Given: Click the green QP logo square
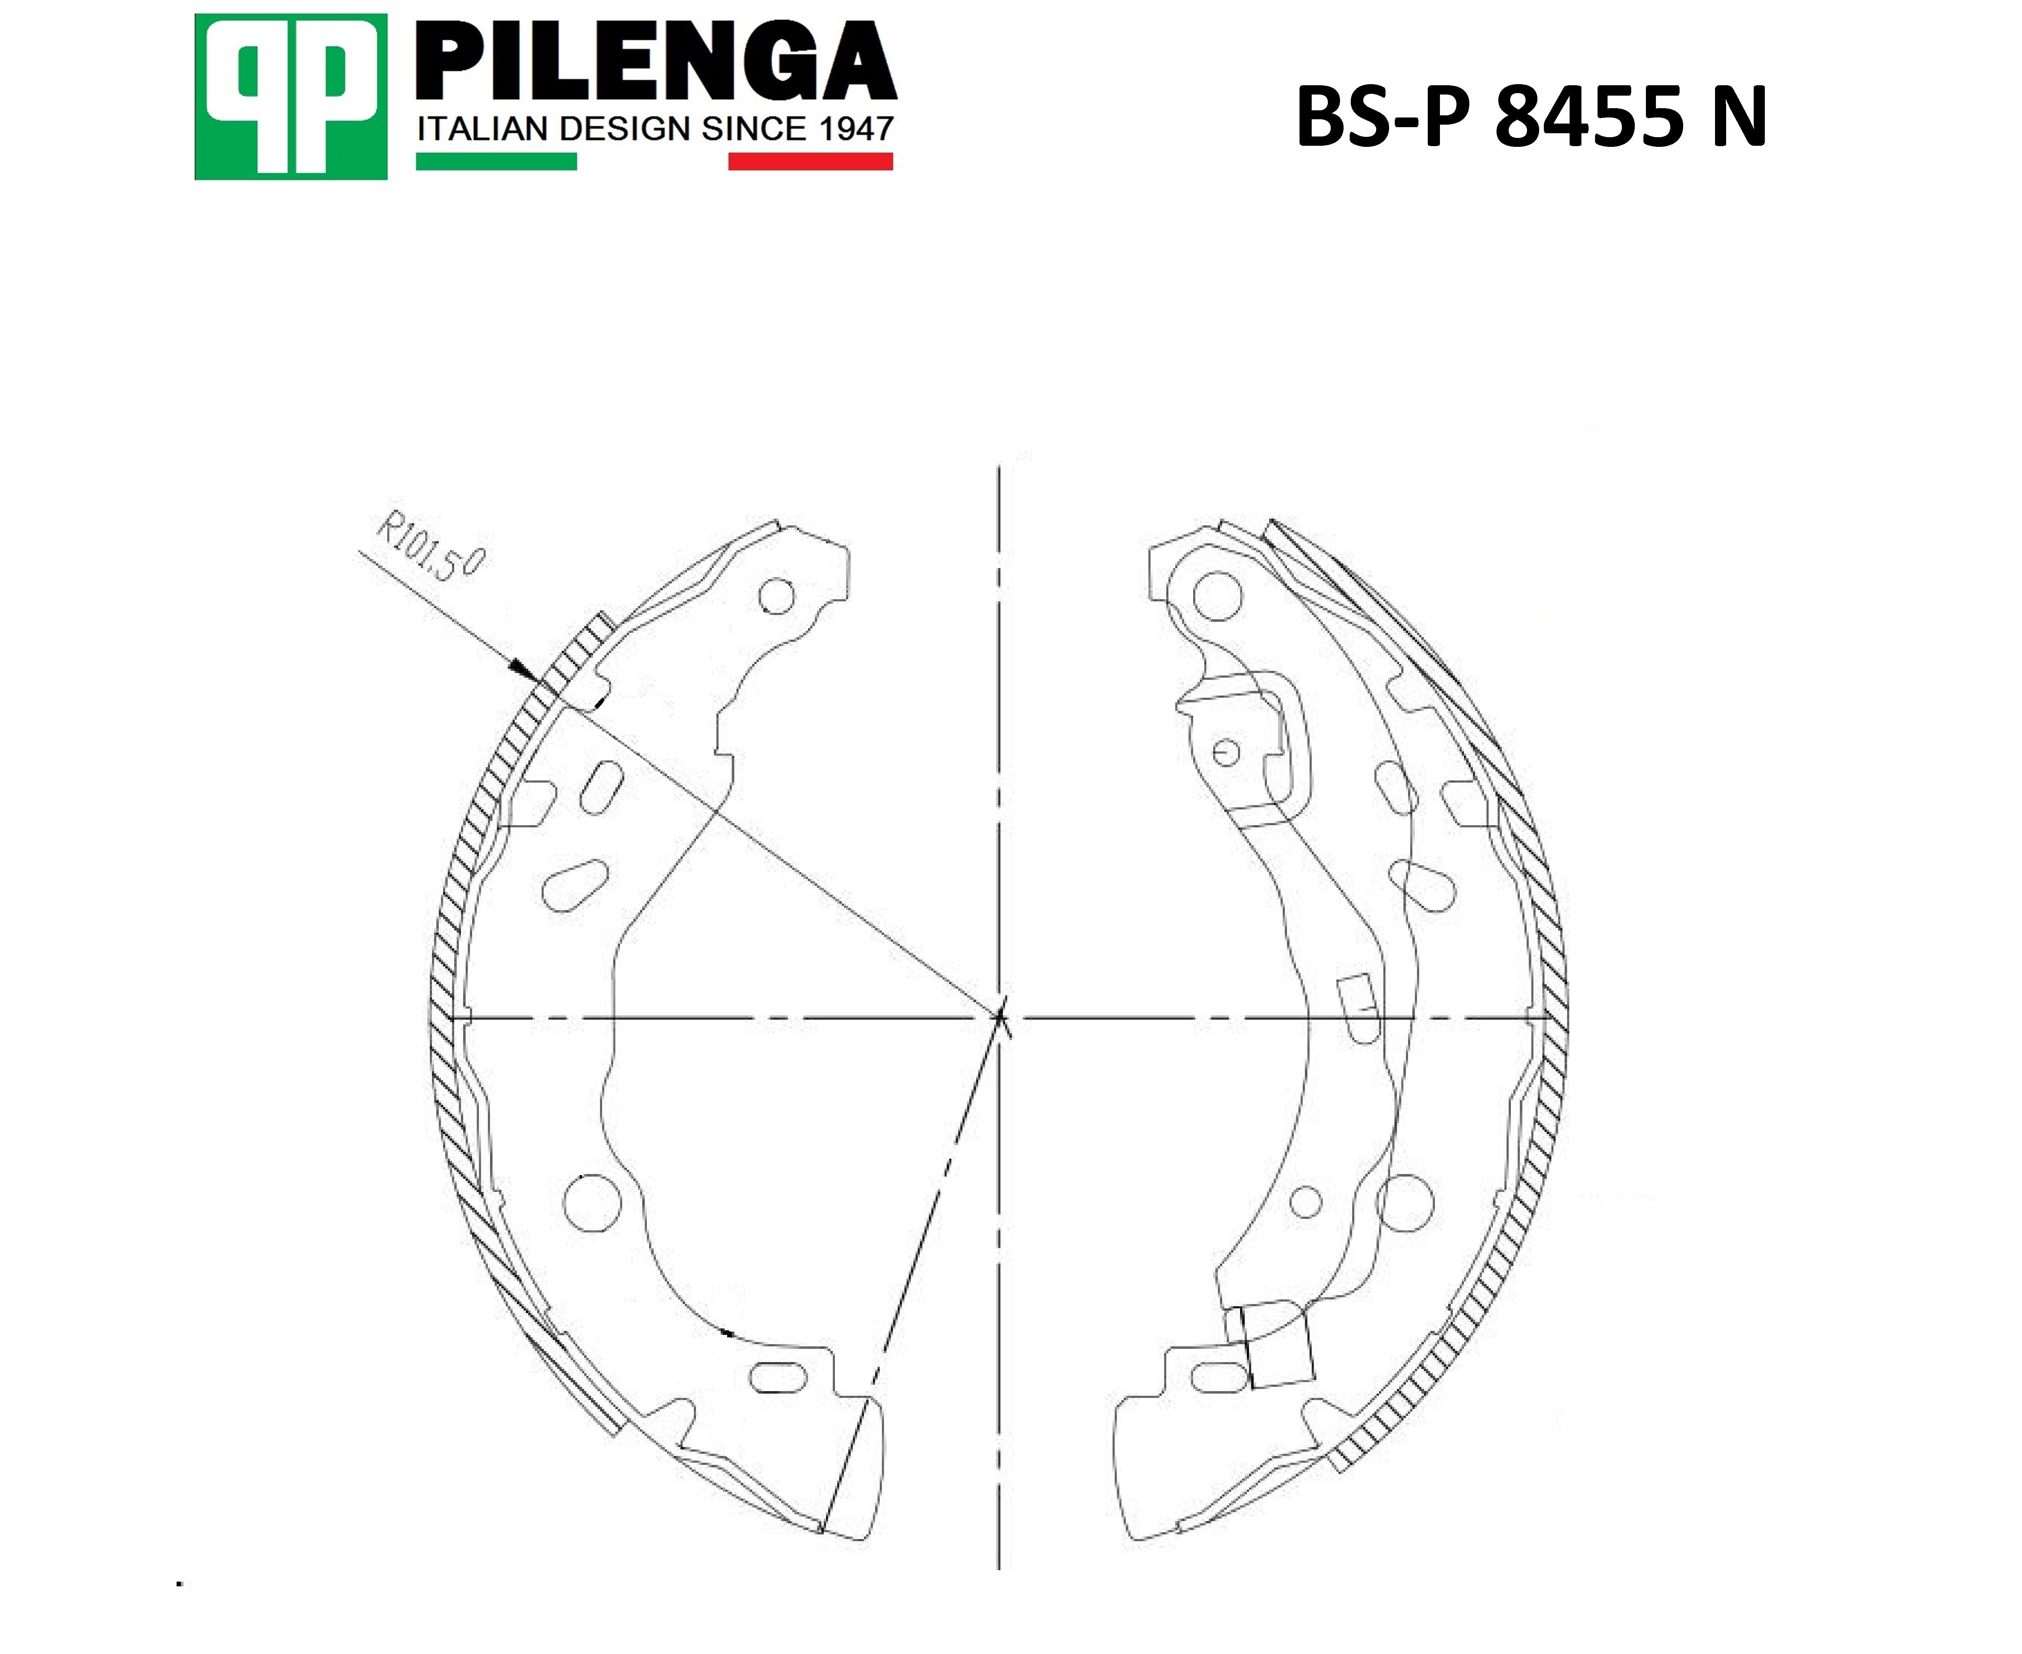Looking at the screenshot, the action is pyautogui.click(x=290, y=96).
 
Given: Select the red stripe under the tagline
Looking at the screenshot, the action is pyautogui.click(x=811, y=162).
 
